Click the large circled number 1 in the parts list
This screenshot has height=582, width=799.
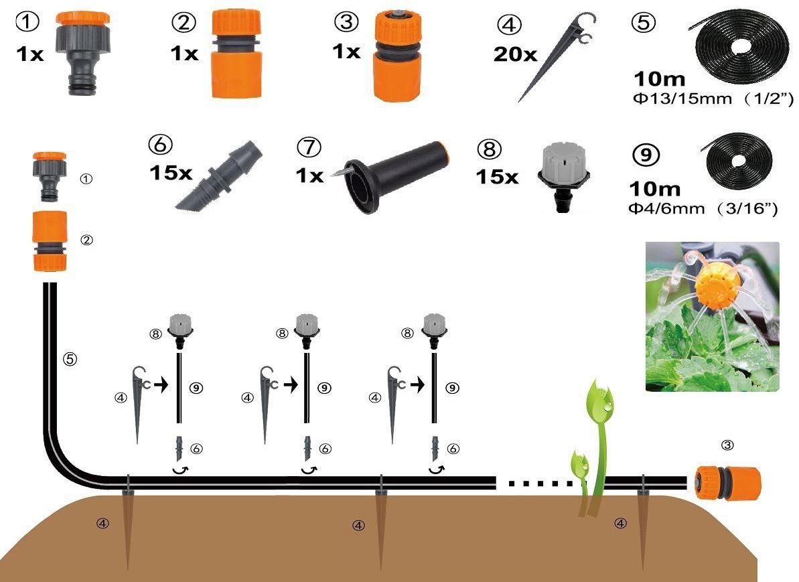[x=27, y=22]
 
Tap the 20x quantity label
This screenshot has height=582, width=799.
[x=515, y=54]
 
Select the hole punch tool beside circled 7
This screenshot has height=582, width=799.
[x=390, y=176]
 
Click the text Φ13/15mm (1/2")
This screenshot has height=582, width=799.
[x=713, y=98]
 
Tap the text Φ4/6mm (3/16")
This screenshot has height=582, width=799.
[x=703, y=208]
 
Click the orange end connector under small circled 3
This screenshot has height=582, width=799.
[x=728, y=482]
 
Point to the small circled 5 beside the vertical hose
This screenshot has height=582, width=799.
[x=70, y=359]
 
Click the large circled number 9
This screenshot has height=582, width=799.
[x=646, y=155]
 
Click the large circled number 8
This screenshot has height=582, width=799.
[x=489, y=149]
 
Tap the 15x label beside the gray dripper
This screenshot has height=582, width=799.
[x=497, y=177]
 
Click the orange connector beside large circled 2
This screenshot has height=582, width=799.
[x=236, y=54]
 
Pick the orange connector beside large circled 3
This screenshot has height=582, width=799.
[x=397, y=56]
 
